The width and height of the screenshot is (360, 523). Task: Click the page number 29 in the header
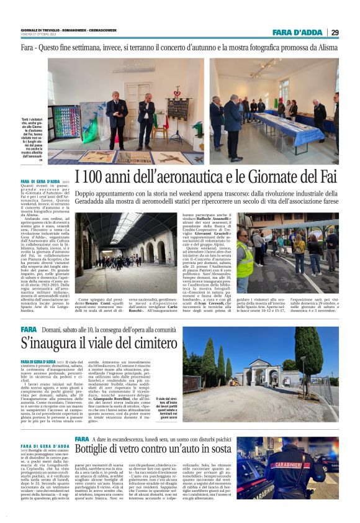335,32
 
